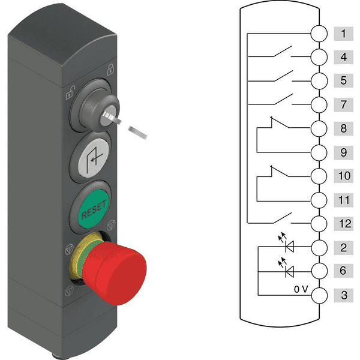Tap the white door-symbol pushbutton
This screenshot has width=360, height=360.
(x=92, y=161)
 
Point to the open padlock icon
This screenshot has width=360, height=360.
(x=70, y=92)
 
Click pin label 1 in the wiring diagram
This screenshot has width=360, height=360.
(x=343, y=34)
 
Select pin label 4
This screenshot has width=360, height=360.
(x=343, y=57)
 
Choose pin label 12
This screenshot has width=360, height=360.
(x=343, y=224)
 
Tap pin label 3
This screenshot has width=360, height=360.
(x=343, y=295)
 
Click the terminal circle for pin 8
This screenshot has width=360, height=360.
(x=319, y=128)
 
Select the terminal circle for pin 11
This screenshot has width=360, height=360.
(x=319, y=200)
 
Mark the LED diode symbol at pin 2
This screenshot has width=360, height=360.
(x=290, y=247)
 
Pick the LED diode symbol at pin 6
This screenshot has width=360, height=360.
(x=290, y=271)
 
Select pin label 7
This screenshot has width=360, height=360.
(x=343, y=104)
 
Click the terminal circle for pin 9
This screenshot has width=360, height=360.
(x=319, y=152)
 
